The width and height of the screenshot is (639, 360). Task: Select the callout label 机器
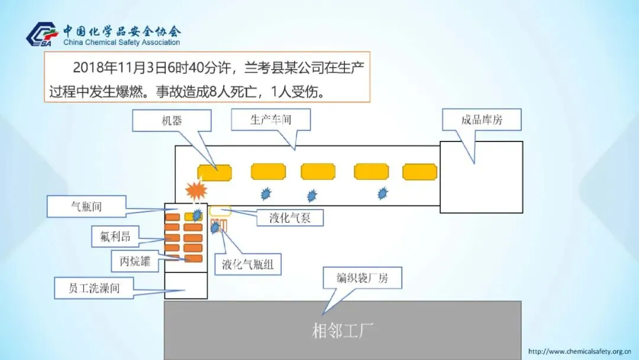click(x=172, y=121)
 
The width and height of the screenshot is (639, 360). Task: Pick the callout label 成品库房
click(x=482, y=120)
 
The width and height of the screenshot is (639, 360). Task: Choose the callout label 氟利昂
click(x=111, y=237)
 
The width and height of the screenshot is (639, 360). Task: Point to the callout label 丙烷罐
click(x=135, y=261)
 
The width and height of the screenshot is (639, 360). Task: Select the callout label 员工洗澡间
click(x=95, y=288)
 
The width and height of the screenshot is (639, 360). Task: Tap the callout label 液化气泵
click(x=289, y=217)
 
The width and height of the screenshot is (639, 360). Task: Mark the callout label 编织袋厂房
click(x=362, y=278)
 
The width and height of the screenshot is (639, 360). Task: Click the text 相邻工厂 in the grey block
click(x=343, y=330)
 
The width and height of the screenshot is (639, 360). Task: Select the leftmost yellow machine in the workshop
click(x=214, y=172)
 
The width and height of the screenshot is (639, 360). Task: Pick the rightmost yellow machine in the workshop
click(x=419, y=172)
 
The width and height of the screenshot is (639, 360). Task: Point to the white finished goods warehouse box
click(x=481, y=176)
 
